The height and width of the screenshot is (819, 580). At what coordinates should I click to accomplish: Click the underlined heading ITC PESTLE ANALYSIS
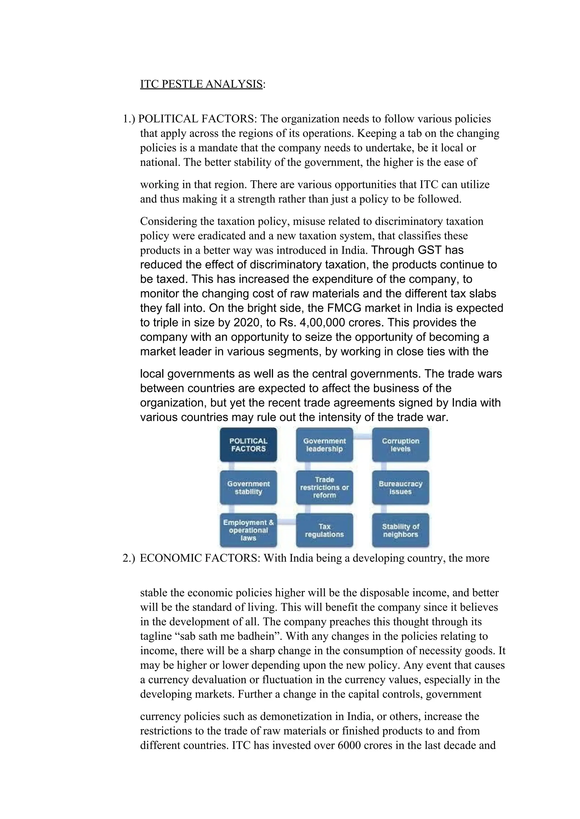pyautogui.click(x=201, y=84)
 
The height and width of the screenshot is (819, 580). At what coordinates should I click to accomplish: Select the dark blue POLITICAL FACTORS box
pyautogui.click(x=248, y=445)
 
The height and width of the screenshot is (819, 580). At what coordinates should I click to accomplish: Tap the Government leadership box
pyautogui.click(x=324, y=445)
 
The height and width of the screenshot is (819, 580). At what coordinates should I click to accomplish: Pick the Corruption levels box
pyautogui.click(x=400, y=445)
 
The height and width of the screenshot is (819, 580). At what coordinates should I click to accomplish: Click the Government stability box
pyautogui.click(x=248, y=488)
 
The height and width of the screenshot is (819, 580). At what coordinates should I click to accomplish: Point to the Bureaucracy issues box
pyautogui.click(x=400, y=488)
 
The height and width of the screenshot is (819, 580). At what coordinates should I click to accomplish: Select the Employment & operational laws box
pyautogui.click(x=248, y=530)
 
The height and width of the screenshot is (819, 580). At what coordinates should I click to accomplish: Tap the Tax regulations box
pyautogui.click(x=324, y=531)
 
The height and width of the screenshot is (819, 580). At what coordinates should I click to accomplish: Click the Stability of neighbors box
pyautogui.click(x=400, y=531)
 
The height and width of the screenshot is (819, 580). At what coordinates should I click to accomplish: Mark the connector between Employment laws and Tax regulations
pyautogui.click(x=286, y=522)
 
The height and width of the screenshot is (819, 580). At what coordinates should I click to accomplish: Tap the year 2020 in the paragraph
pyautogui.click(x=246, y=323)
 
